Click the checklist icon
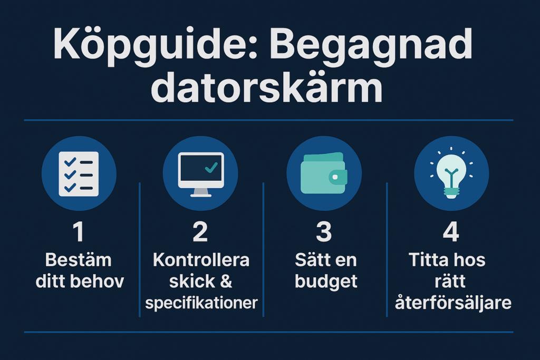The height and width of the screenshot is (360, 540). coord(79,174)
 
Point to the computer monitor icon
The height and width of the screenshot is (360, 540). coord(201,174)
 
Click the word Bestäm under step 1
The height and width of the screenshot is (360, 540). coord(79,260)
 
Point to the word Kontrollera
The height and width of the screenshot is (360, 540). coord(201,260)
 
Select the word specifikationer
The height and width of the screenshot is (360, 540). coord(201,303)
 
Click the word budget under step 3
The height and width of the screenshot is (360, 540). coord(326,282)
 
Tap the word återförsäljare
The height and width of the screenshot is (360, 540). coord(453,303)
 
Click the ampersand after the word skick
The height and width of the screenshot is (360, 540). coord(226,281)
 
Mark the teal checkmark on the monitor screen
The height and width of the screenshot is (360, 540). coord(211,167)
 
